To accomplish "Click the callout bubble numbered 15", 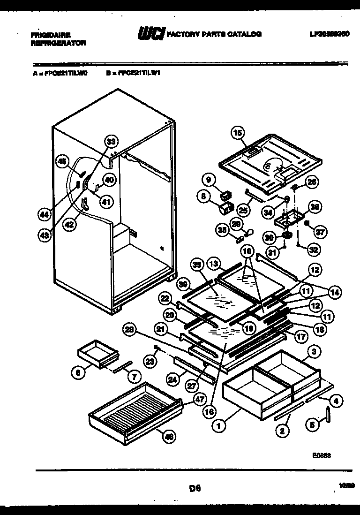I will (x=238, y=134).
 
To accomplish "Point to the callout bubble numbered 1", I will (x=218, y=426).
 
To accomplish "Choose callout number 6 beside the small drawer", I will (x=77, y=372).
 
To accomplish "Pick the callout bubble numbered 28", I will (x=130, y=330).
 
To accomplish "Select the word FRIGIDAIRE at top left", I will (x=51, y=35).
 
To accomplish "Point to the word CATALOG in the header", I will (x=244, y=34).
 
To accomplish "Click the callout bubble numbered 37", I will (x=321, y=231).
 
